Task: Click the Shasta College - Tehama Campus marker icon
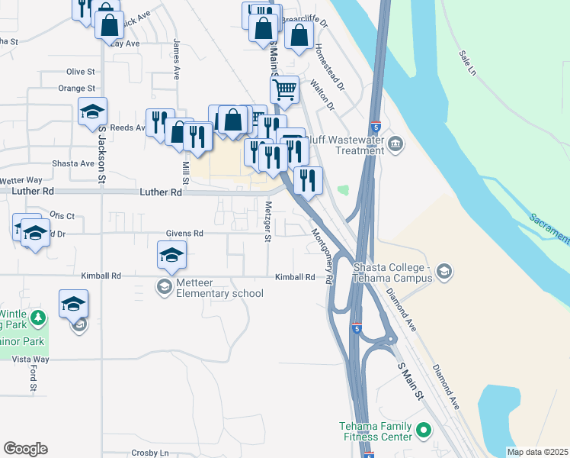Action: tap(444, 271)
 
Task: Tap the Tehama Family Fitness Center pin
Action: tap(424, 431)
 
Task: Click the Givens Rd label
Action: tap(184, 234)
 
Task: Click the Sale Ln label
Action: tap(467, 63)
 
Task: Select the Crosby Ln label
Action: tap(149, 453)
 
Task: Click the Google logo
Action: tap(25, 449)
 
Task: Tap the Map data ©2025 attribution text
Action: tap(537, 452)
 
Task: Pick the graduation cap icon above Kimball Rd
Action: tap(172, 255)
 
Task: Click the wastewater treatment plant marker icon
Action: tap(395, 144)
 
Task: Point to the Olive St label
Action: tap(80, 71)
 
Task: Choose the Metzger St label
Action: tap(267, 221)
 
